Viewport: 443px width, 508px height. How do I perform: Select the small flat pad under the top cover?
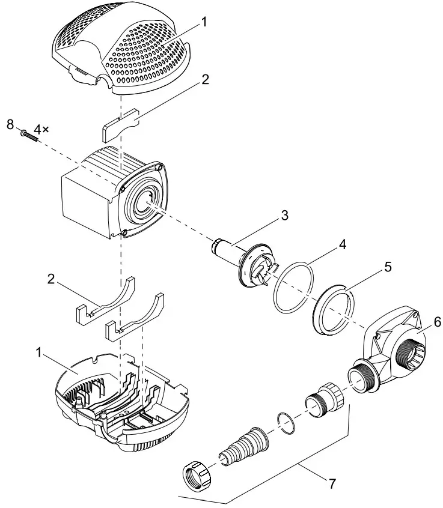tap(120, 127)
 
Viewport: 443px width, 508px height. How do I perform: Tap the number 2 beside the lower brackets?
tap(52, 280)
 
